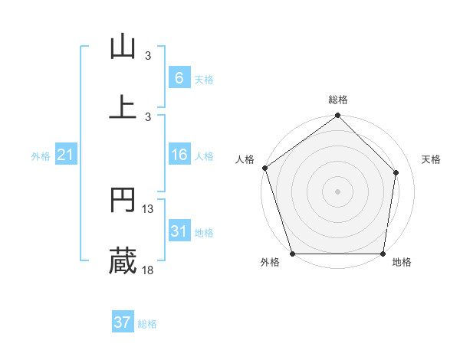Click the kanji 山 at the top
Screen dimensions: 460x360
(x=123, y=47)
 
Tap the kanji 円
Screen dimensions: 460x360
(x=123, y=200)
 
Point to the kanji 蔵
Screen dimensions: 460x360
(x=123, y=261)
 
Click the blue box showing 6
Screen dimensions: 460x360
(x=179, y=77)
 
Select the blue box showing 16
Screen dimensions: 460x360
(x=179, y=155)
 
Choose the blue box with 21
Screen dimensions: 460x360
(x=66, y=155)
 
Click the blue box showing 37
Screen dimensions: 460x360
(x=122, y=322)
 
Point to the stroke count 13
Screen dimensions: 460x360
(x=148, y=209)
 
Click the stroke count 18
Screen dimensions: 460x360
(x=148, y=270)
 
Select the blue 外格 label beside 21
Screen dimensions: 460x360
(x=41, y=155)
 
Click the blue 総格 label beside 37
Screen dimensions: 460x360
(x=147, y=324)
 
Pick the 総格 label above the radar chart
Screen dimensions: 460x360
(x=338, y=100)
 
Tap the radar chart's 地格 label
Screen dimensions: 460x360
(x=402, y=262)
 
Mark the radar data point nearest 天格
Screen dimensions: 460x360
(x=396, y=172)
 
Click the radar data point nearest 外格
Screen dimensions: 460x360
(x=292, y=254)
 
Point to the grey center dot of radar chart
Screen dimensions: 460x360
(x=338, y=191)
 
